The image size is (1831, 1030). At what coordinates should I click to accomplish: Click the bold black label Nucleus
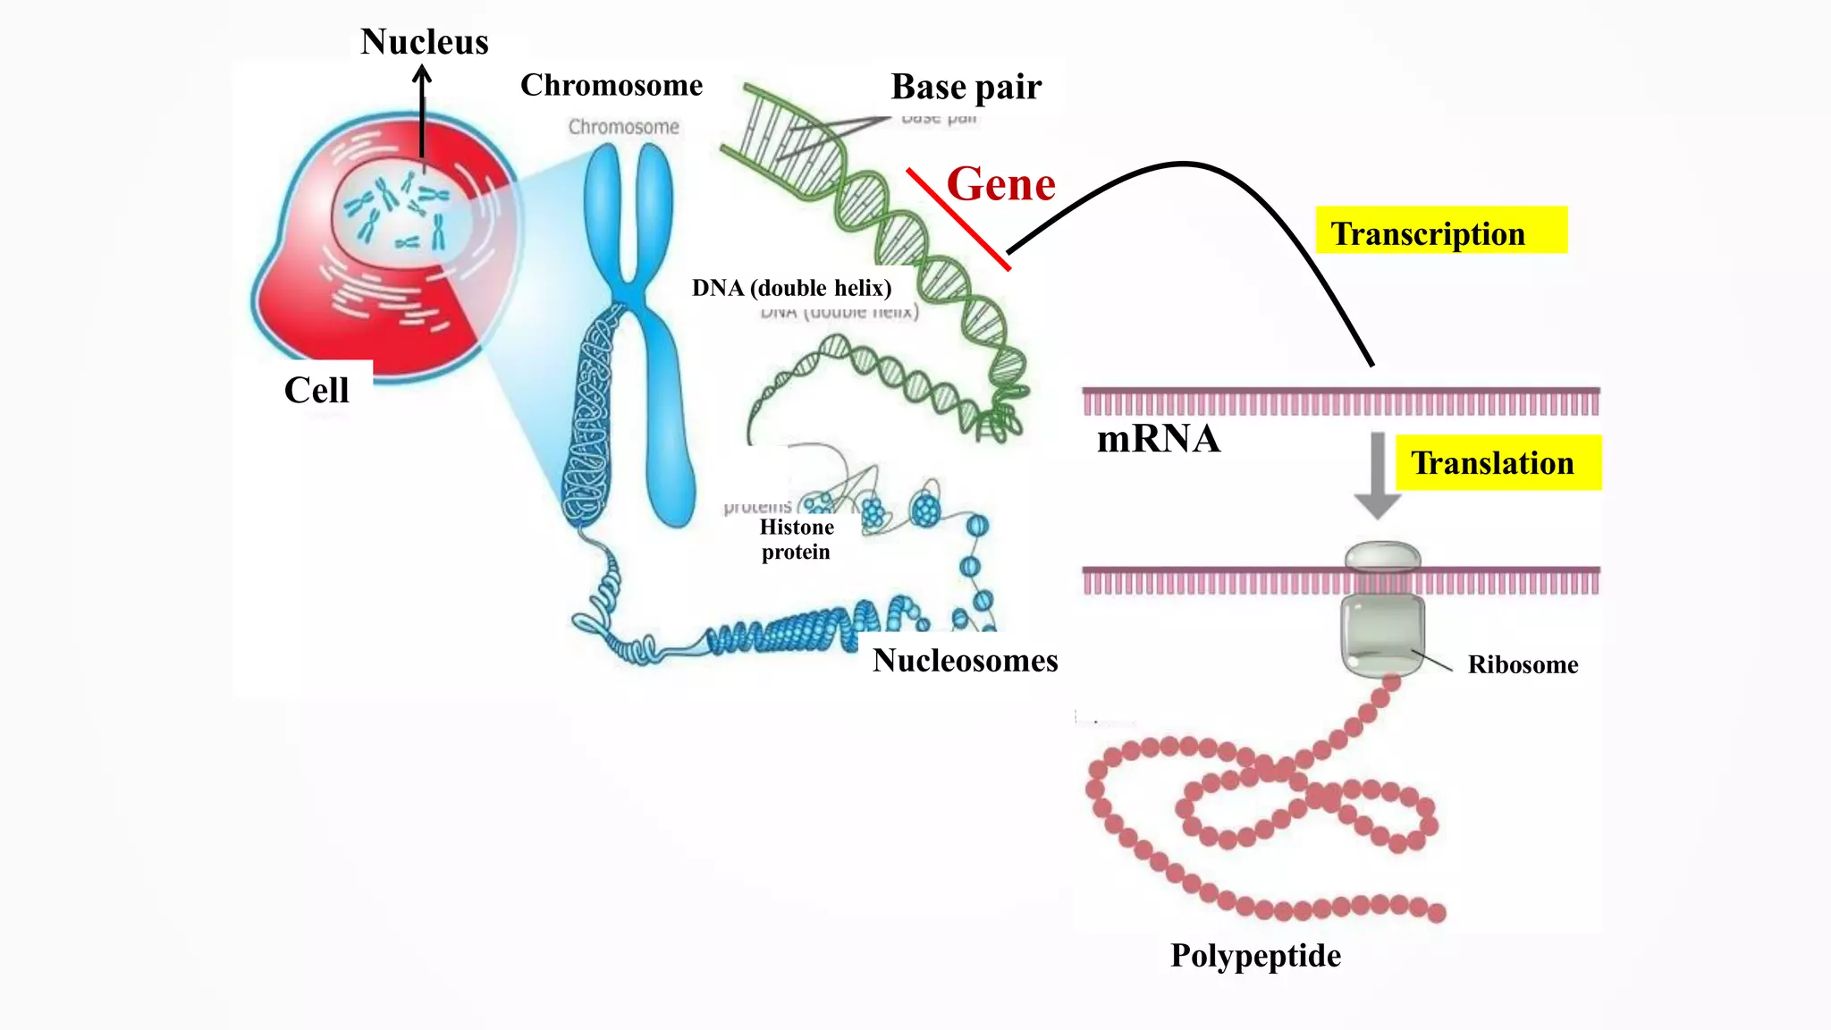(424, 42)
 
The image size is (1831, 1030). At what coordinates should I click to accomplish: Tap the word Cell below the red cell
(316, 391)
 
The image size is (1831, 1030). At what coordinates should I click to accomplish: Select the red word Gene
(1000, 184)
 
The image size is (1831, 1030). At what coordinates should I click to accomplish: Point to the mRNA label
(1158, 439)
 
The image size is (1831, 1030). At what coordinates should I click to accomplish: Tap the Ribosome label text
(1523, 665)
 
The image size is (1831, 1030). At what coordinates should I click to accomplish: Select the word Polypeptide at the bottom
(1255, 956)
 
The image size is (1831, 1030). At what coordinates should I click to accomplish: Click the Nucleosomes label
(965, 661)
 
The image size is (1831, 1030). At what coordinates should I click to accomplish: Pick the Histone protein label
(796, 539)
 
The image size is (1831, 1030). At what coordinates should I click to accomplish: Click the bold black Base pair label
(966, 88)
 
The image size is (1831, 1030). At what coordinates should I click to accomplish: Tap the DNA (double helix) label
(791, 288)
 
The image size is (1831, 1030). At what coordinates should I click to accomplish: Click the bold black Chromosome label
(612, 86)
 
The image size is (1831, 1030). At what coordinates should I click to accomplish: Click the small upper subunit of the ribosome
(1382, 557)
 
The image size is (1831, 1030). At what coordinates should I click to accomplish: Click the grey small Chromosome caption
(623, 127)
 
